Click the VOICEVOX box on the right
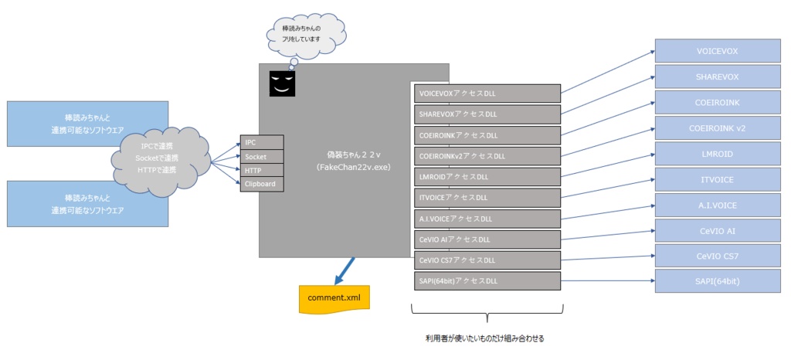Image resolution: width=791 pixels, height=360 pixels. (x=718, y=51)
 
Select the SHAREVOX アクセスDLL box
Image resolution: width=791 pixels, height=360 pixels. (x=487, y=114)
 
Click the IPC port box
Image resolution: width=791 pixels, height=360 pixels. (x=262, y=143)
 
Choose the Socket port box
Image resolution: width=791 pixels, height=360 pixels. (x=262, y=157)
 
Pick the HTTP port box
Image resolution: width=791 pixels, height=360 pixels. (x=262, y=170)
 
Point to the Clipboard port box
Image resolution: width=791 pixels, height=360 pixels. (x=262, y=184)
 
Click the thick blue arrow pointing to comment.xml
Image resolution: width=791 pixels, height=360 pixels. (x=343, y=270)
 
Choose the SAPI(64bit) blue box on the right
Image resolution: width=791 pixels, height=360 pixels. (x=718, y=281)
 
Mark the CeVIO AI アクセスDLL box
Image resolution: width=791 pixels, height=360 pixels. (x=487, y=239)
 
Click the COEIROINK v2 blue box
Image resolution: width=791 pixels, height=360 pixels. (x=718, y=127)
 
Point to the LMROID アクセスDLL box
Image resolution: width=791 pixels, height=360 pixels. (x=487, y=176)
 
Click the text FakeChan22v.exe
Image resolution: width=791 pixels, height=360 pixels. (x=346, y=166)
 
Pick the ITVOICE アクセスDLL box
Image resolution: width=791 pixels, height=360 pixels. (x=487, y=197)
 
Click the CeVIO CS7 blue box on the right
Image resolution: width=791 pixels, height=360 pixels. (x=718, y=256)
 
